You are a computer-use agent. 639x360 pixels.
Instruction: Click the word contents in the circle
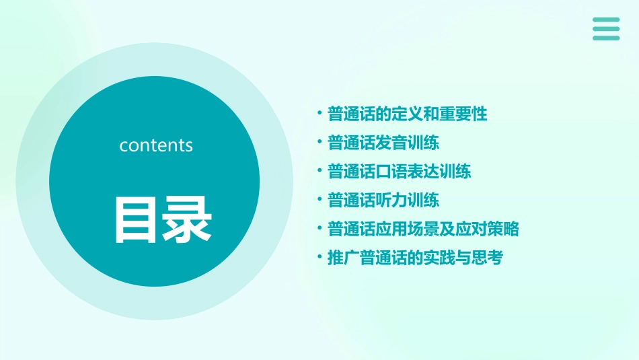[x=156, y=145]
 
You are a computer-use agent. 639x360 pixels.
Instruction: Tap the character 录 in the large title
[x=185, y=219]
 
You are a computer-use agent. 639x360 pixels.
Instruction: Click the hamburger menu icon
[x=606, y=29]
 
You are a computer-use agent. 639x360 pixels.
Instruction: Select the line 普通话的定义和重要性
[x=408, y=114]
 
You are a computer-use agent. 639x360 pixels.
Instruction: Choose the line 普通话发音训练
[x=383, y=143]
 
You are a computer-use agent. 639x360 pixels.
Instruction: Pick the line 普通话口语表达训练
[x=400, y=171]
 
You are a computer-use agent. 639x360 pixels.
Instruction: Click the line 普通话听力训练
[x=383, y=200]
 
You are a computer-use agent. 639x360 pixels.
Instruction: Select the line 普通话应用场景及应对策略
[x=423, y=229]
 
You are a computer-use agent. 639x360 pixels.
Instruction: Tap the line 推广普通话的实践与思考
[x=415, y=258]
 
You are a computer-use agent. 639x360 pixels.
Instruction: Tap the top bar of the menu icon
[x=606, y=20]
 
